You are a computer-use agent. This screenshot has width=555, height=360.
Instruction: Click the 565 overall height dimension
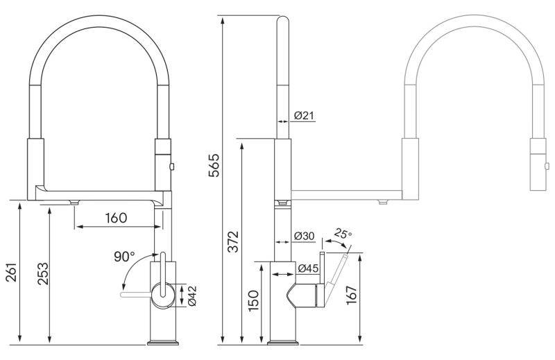[214, 166]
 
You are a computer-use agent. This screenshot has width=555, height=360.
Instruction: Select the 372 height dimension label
[235, 240]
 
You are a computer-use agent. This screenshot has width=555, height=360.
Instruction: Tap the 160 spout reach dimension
[116, 218]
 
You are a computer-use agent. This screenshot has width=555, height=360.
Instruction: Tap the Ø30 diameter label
[304, 237]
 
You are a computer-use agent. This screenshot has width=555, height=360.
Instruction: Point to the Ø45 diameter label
[308, 268]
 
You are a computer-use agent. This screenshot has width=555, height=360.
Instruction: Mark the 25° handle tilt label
[342, 234]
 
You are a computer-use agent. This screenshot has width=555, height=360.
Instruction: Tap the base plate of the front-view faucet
[164, 342]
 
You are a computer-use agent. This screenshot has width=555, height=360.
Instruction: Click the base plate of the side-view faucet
[282, 342]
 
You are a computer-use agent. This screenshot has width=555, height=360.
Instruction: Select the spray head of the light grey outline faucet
[538, 164]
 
